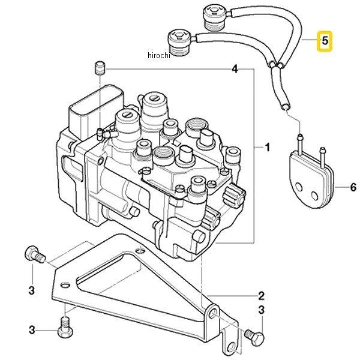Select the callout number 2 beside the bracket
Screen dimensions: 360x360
point(261,295)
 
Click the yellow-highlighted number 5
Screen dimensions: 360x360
point(325,41)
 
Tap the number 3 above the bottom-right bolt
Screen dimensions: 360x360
point(261,310)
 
